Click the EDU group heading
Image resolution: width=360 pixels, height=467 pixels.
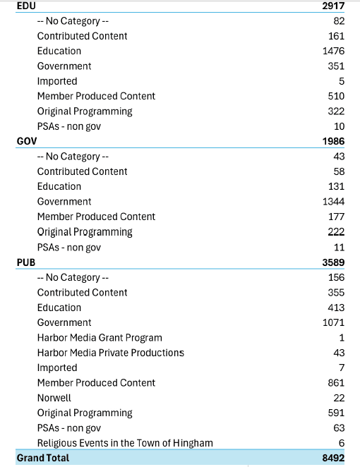pos(27,6)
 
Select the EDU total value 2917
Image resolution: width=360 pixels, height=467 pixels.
pos(332,6)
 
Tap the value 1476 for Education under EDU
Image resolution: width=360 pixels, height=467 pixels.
pos(333,51)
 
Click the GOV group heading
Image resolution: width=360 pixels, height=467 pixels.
pos(28,141)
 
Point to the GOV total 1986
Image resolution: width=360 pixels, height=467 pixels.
pos(332,141)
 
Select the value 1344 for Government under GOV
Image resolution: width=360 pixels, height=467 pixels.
pos(333,202)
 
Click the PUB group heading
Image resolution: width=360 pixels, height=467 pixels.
pos(27,262)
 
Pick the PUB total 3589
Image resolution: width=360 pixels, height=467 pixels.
pos(332,262)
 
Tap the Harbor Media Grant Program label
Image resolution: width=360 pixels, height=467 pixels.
pos(100,338)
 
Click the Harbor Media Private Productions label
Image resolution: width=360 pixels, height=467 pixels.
pos(110,353)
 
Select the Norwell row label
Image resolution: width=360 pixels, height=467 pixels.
pos(54,398)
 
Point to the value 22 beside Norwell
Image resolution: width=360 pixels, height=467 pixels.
pos(339,398)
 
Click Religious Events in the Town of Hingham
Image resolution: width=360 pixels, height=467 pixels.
pos(125,443)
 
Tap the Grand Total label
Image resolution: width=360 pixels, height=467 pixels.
pos(43,459)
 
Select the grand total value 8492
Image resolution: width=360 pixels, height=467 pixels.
pos(332,459)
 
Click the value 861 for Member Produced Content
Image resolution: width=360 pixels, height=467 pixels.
pos(336,383)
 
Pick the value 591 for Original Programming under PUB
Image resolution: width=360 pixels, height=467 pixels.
pos(336,413)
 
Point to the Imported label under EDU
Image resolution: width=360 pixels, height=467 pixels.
pos(57,81)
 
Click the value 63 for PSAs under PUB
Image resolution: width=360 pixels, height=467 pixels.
pos(339,428)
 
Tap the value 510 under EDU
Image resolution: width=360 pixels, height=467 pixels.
pos(336,96)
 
